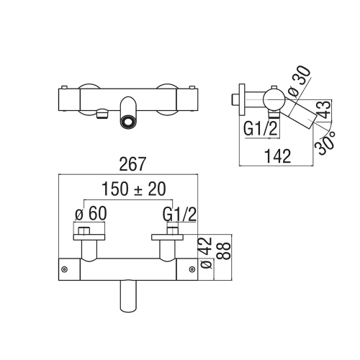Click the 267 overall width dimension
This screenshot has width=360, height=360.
132,164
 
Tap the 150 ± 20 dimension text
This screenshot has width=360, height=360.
134,189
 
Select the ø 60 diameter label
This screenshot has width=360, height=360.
91,213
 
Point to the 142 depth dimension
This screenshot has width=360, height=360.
278,156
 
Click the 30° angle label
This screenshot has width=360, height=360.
325,143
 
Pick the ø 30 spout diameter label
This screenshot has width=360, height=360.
300,82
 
